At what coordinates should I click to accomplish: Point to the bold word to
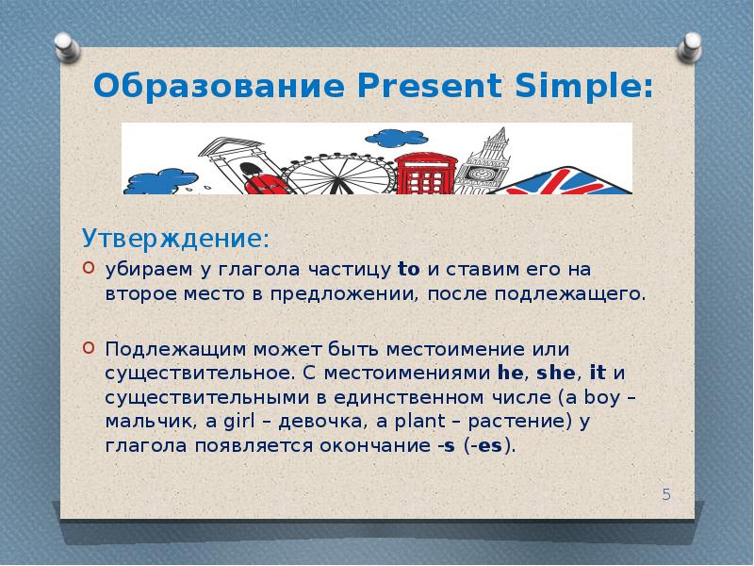tap(408, 269)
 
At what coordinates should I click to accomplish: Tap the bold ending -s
tap(443, 445)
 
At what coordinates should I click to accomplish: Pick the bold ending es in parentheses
tap(489, 445)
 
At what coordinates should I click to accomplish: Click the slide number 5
tap(666, 494)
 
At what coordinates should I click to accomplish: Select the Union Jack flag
tap(570, 179)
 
